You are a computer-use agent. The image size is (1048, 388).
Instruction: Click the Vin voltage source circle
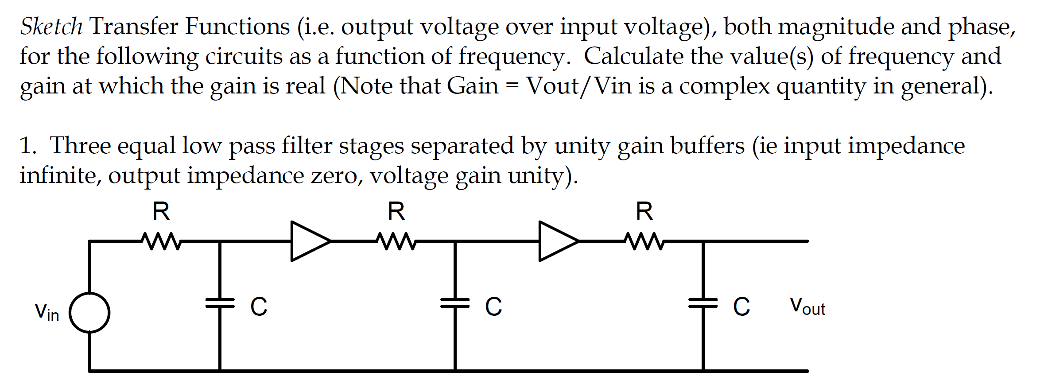pyautogui.click(x=89, y=313)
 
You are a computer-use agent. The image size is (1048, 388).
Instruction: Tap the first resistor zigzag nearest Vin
pyautogui.click(x=161, y=241)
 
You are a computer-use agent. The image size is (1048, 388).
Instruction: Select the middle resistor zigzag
pyautogui.click(x=396, y=241)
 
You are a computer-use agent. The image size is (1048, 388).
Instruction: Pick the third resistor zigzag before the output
pyautogui.click(x=644, y=241)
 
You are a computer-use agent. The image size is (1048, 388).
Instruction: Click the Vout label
pyautogui.click(x=807, y=307)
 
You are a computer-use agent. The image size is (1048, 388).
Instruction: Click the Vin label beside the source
pyautogui.click(x=47, y=312)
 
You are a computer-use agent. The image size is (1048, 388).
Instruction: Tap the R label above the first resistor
pyautogui.click(x=161, y=211)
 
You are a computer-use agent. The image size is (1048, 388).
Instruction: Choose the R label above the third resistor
pyautogui.click(x=644, y=211)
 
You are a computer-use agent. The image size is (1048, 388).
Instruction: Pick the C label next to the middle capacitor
pyautogui.click(x=493, y=307)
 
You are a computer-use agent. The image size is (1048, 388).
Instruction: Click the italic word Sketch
pyautogui.click(x=51, y=27)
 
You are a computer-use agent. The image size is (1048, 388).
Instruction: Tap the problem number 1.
pyautogui.click(x=27, y=146)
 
